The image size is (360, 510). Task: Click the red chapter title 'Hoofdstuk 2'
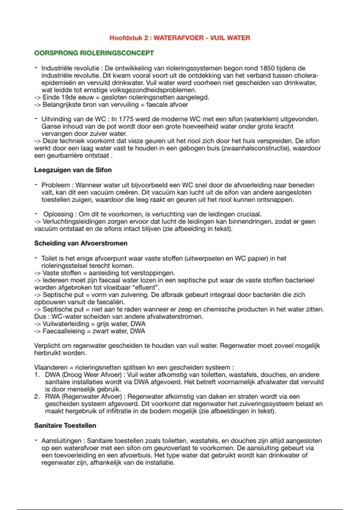click(126, 38)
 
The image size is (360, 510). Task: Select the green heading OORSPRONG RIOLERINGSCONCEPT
click(94, 53)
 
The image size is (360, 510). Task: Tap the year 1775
click(127, 119)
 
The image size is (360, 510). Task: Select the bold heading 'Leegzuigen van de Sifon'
click(73, 170)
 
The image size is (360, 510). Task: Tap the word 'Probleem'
click(55, 185)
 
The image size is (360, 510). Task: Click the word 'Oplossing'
click(58, 214)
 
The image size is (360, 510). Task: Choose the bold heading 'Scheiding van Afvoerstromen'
click(81, 243)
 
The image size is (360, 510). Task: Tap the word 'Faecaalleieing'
click(64, 331)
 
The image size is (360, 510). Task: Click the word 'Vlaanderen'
click(51, 367)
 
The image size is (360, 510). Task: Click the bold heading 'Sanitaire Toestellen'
click(65, 426)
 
